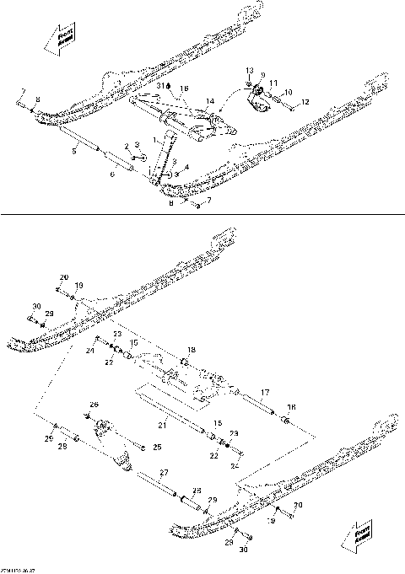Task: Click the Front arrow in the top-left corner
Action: tap(60, 40)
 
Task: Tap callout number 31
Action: tap(159, 87)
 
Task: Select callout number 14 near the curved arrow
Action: tap(210, 101)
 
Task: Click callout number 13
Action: tap(249, 69)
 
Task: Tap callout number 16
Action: tap(184, 88)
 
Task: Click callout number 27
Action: tap(164, 472)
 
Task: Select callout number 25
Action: tap(156, 447)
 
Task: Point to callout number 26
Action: tap(94, 405)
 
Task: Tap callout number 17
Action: tap(264, 393)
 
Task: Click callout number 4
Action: tap(186, 167)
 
